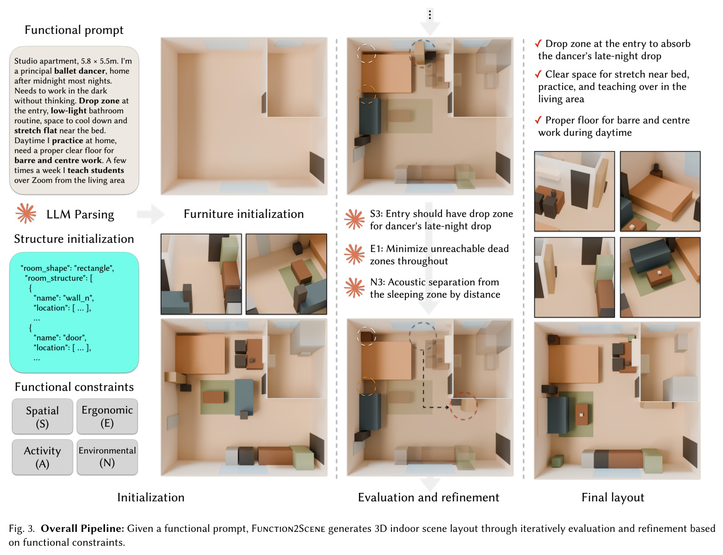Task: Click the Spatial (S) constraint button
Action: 42,416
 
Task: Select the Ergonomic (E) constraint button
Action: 107,416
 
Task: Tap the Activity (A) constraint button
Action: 42,457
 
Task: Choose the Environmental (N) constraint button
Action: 107,457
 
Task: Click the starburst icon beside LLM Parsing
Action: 26,213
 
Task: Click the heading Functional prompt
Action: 74,30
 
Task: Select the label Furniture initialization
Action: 243,214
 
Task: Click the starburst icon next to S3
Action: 355,219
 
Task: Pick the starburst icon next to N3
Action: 355,288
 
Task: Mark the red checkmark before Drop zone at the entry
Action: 538,44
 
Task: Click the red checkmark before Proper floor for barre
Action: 538,120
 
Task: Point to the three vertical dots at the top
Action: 430,15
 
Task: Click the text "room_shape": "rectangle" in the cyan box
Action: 67,268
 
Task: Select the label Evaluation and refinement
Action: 429,497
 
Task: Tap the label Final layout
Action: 613,498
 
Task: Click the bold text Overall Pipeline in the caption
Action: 82,529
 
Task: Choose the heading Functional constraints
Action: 74,387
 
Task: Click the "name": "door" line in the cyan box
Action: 60,338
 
